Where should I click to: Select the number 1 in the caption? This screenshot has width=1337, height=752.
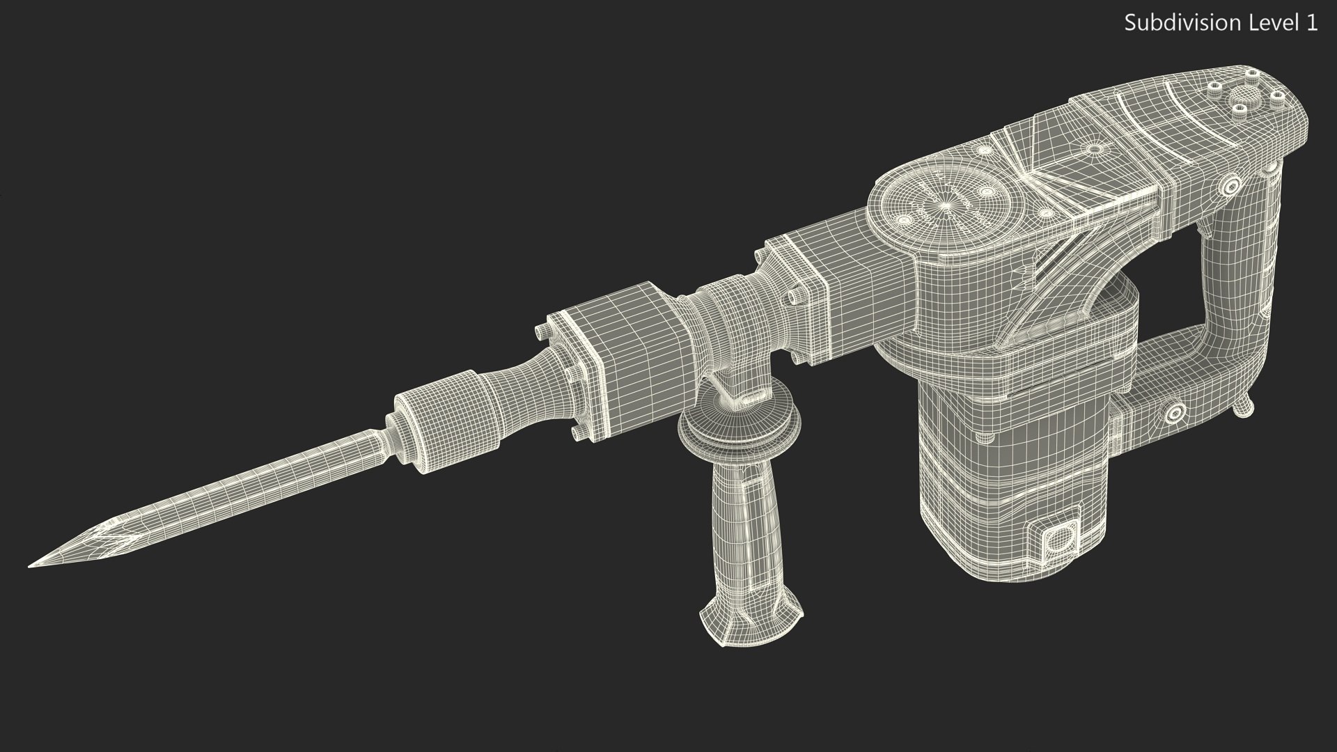click(x=1311, y=23)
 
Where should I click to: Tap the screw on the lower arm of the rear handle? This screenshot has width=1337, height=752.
click(x=1177, y=413)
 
